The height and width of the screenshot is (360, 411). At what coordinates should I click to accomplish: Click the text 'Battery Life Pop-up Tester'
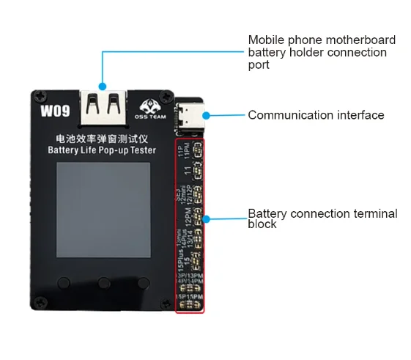(102, 151)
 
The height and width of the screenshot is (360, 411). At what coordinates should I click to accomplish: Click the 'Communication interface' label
(316, 115)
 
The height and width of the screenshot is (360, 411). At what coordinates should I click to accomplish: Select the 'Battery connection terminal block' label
(322, 218)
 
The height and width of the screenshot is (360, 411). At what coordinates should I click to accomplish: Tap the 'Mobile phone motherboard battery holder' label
(322, 52)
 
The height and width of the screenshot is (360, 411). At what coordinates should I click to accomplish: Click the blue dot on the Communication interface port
(207, 115)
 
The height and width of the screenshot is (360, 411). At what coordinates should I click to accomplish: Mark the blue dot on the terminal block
(207, 218)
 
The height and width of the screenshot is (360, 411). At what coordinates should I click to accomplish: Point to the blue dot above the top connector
(103, 85)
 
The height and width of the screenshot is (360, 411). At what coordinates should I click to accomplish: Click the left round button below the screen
(64, 282)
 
